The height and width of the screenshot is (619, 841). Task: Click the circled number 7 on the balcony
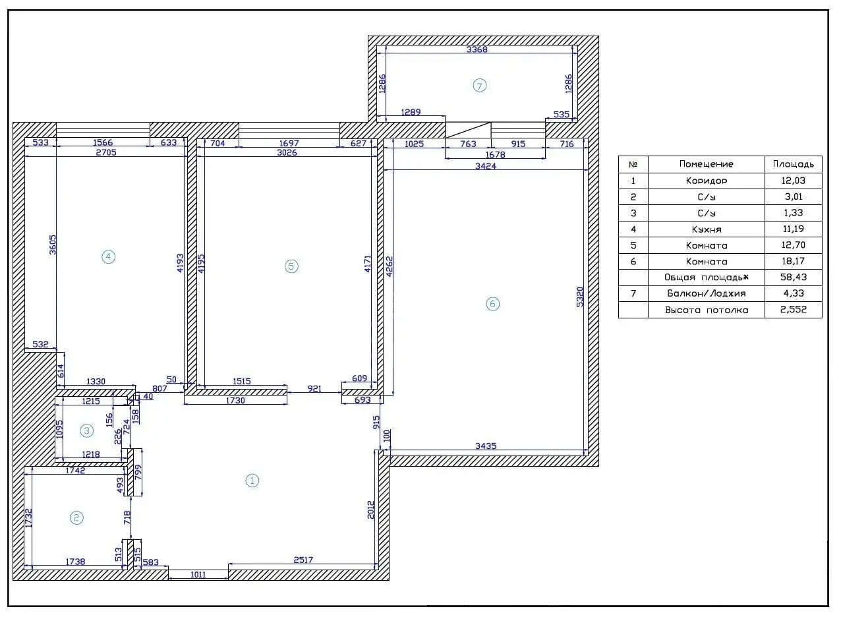click(479, 86)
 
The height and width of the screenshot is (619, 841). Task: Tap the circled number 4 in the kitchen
click(109, 257)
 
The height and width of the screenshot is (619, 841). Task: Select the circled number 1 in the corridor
click(252, 481)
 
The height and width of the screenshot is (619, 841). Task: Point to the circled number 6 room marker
click(492, 303)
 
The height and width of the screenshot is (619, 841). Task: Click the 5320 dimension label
click(580, 297)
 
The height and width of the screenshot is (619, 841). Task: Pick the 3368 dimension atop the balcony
click(477, 49)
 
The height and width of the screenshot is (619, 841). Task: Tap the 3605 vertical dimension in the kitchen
click(53, 245)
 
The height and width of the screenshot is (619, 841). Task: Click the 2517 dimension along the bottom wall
click(303, 560)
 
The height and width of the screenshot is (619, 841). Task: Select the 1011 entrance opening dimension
click(198, 575)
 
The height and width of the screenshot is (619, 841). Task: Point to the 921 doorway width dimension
click(314, 389)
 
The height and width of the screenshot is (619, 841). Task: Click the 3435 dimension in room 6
click(486, 446)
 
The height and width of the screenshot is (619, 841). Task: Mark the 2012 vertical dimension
click(371, 510)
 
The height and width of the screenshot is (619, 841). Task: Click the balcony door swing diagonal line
click(468, 130)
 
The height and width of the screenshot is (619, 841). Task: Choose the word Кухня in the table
click(706, 229)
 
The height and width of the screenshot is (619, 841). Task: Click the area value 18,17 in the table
click(794, 260)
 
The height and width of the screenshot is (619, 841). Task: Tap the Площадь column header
click(794, 164)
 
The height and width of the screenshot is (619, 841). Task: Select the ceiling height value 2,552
click(794, 310)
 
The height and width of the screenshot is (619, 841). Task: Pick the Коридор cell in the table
click(706, 181)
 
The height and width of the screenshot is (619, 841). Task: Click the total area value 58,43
click(794, 277)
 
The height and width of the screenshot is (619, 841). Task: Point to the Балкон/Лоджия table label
click(706, 293)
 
